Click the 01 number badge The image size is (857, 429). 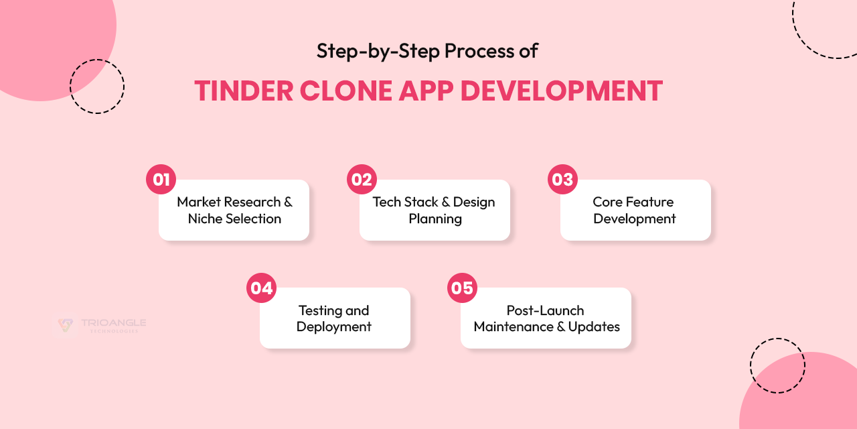tap(161, 180)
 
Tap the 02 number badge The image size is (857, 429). tap(362, 180)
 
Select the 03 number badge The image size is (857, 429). tap(562, 180)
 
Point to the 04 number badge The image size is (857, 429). tap(261, 288)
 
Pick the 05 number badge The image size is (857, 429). tap(462, 288)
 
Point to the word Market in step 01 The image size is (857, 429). tap(199, 202)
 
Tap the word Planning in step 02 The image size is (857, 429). tap(435, 219)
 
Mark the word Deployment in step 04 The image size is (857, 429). tap(333, 326)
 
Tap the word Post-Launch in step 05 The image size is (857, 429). tap(545, 310)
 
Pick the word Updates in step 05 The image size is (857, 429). tap(594, 326)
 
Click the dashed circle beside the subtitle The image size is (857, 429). tap(97, 86)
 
